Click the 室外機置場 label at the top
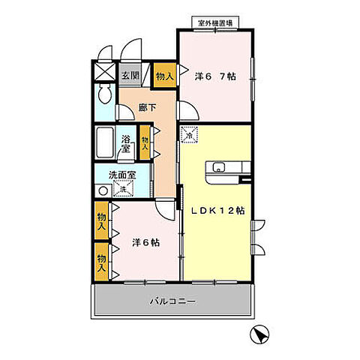tap(214, 22)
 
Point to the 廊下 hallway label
tap(146, 108)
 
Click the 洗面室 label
tap(121, 175)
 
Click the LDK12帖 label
tap(217, 211)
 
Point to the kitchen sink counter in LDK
tap(226, 167)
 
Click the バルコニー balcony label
tap(172, 302)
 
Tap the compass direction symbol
tap(259, 334)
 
